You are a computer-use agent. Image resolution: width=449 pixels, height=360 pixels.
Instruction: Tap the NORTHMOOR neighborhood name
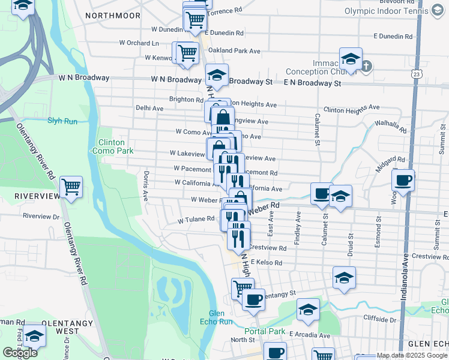pos(113,15)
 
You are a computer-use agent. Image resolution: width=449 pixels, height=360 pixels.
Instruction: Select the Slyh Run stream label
pos(62,121)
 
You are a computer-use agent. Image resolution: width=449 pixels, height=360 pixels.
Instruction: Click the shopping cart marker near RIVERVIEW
pos(71,187)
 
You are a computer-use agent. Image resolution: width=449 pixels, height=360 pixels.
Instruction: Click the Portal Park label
pos(265,331)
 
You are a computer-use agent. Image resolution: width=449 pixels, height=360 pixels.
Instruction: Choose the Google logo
pos(20,353)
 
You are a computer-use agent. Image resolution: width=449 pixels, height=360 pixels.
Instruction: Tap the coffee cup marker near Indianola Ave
pos(403,179)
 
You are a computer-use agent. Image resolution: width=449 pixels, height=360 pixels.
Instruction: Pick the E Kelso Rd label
pos(267,262)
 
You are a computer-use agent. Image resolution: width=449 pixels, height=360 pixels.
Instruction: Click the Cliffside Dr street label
pos(380,319)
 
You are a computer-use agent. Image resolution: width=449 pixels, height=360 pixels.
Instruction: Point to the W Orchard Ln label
pos(139,43)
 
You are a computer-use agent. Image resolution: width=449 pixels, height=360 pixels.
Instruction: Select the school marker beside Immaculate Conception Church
pos(351,59)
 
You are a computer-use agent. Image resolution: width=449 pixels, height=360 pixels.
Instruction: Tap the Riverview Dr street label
pos(41,216)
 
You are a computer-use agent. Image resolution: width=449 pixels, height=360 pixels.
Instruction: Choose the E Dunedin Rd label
pos(393,36)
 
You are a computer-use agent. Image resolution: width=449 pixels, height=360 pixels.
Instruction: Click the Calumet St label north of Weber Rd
pos(317,130)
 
